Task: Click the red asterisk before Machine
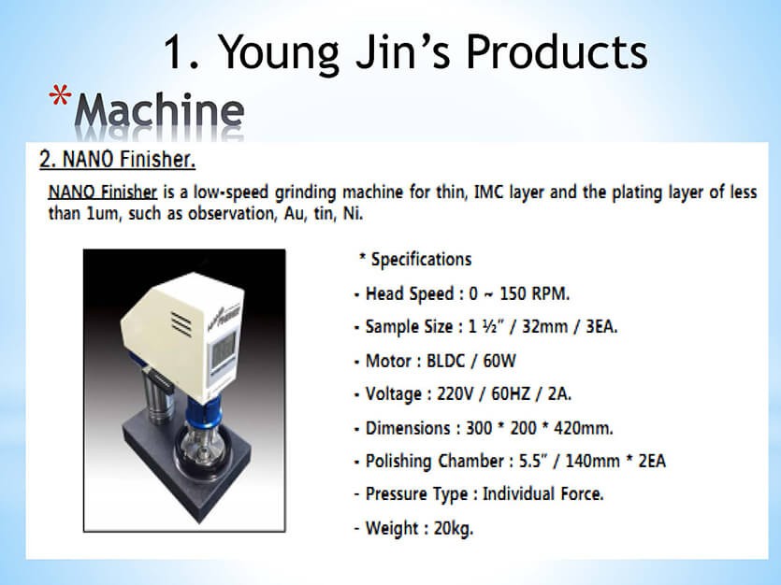60,95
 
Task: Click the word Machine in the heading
159,110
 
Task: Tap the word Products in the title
557,51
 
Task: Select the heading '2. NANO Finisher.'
118,159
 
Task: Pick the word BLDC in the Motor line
446,361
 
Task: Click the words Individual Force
542,494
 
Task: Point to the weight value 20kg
454,528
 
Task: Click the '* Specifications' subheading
415,259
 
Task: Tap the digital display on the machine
223,350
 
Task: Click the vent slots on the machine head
181,324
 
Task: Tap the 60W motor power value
499,361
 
